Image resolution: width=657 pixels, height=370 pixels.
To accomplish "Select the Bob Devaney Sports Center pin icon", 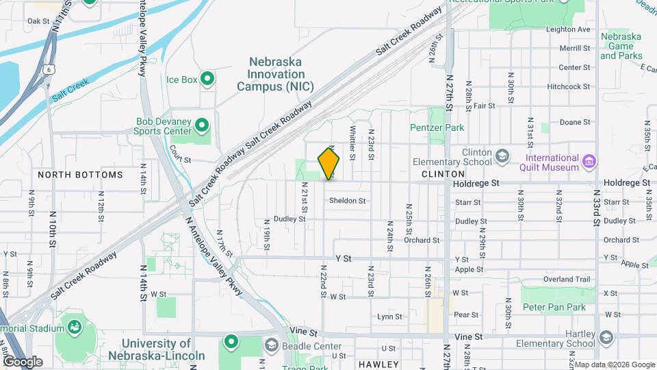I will click(x=201, y=125).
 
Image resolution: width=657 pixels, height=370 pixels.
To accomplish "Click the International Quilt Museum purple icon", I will click(x=589, y=162).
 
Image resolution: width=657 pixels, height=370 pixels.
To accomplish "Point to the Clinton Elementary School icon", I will click(x=502, y=156).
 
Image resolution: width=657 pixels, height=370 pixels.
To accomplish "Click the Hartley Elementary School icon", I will click(x=606, y=338).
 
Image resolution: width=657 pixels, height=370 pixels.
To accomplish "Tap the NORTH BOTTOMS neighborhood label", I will click(x=80, y=175).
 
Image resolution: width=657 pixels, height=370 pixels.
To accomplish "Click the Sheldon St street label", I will click(x=348, y=201).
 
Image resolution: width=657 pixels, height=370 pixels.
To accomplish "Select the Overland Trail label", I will click(x=567, y=279).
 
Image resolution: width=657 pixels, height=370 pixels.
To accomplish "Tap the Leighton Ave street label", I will click(x=567, y=29).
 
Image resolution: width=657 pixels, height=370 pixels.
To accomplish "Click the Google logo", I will click(x=23, y=361).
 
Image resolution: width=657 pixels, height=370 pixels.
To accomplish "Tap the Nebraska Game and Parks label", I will click(x=621, y=46).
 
